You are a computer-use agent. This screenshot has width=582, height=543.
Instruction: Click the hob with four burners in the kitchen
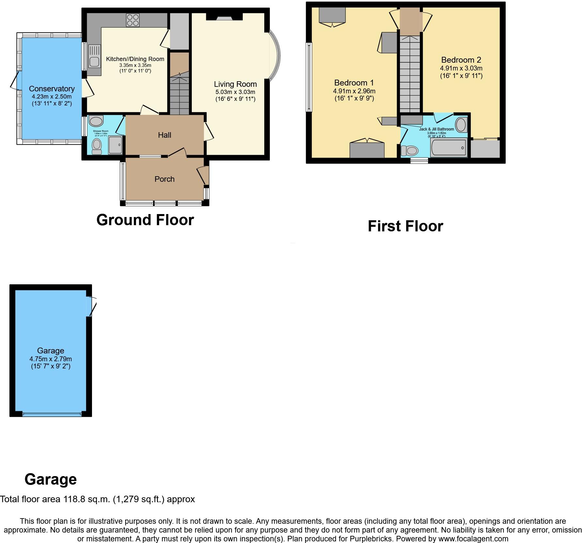133,20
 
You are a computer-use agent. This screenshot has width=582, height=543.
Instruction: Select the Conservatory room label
52,89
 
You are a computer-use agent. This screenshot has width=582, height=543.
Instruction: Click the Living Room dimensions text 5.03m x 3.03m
235,92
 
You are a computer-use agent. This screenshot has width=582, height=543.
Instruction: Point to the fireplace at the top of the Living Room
224,17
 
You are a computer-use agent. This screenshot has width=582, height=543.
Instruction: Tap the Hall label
164,135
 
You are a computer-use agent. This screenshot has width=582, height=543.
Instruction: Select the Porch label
164,179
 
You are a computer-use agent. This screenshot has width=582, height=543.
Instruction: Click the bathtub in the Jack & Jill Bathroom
449,148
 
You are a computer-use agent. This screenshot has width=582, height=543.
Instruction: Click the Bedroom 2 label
461,60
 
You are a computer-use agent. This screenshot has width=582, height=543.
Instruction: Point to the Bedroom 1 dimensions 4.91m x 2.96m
354,91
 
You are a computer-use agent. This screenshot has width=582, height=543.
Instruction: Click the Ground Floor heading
145,220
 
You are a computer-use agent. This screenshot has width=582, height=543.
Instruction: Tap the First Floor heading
405,226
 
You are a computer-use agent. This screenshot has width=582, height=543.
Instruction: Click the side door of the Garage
91,306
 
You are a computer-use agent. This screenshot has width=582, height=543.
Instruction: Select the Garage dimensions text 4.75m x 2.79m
51,359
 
